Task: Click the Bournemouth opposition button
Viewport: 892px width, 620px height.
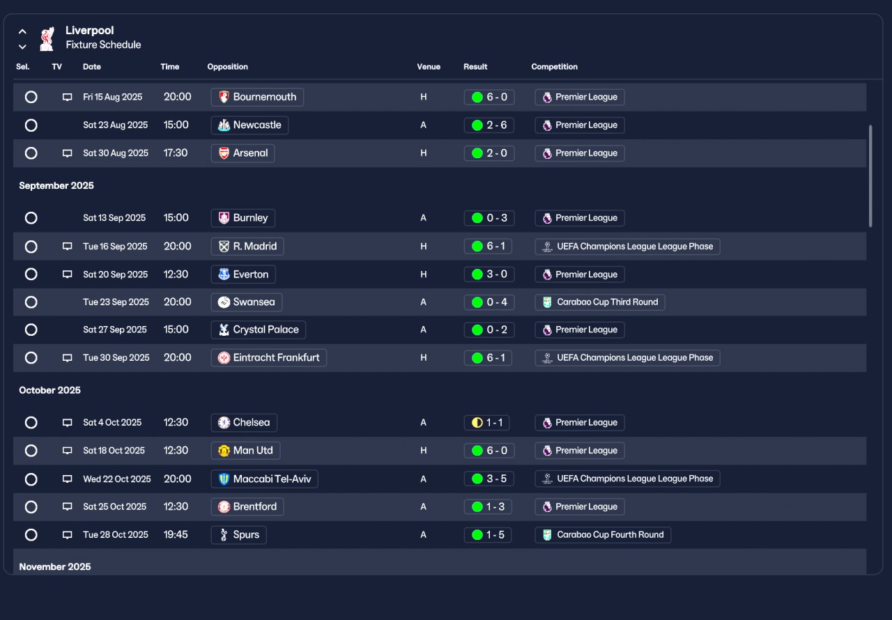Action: coord(257,97)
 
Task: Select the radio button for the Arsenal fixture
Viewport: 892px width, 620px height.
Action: coord(31,153)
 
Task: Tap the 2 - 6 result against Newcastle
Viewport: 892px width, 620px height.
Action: coord(489,125)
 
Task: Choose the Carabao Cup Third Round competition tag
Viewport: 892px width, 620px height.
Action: coord(600,302)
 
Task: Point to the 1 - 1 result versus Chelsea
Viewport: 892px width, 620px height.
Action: coord(489,423)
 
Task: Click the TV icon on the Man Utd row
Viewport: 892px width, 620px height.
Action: coord(68,451)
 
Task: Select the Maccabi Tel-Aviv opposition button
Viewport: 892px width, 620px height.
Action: coord(264,479)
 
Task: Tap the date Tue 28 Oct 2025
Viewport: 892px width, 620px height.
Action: coord(116,535)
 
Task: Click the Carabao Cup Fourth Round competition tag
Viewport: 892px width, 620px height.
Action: coord(603,535)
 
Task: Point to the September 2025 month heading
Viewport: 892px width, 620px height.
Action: coord(56,186)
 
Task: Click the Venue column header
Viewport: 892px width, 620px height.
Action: coord(429,67)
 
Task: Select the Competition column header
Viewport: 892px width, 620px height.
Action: coord(554,67)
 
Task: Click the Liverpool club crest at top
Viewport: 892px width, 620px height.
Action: coord(47,38)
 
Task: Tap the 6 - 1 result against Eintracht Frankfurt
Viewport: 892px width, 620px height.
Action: coord(489,358)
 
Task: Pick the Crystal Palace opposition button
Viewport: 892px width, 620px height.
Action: coord(259,330)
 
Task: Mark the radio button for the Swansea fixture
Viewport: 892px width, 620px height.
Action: coord(31,302)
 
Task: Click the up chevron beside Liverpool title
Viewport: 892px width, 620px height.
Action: coord(22,31)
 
